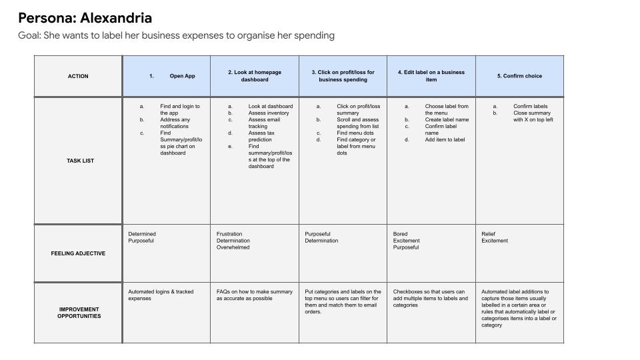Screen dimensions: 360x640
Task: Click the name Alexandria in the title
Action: point(116,18)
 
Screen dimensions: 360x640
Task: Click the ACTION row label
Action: point(78,76)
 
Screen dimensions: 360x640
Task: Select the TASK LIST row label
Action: point(80,161)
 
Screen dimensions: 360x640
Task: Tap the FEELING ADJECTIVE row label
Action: point(78,253)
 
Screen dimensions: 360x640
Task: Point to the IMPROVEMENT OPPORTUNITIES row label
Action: point(79,313)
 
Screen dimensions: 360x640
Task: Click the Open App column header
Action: point(182,76)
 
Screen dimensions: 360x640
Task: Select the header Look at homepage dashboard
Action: point(255,76)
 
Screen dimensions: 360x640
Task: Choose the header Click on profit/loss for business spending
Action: point(343,76)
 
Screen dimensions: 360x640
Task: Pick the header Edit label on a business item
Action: point(431,76)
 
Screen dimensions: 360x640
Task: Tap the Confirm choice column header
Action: point(519,76)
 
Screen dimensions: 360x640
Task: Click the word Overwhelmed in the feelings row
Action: point(233,247)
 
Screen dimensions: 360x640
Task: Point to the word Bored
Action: point(400,234)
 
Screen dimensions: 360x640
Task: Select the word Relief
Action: point(489,234)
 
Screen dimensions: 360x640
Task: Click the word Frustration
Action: point(230,234)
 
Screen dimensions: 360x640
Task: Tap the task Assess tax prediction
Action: point(261,137)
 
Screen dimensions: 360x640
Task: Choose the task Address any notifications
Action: point(175,123)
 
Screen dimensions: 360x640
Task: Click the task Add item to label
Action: point(445,140)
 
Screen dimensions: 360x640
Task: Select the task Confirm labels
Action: point(530,107)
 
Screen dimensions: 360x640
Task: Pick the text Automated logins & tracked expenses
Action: point(161,295)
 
